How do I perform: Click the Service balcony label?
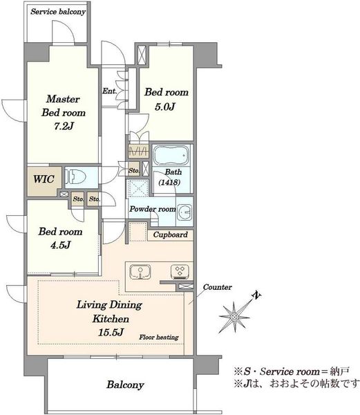click(x=58, y=12)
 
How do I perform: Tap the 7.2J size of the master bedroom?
click(x=64, y=127)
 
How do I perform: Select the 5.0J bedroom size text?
click(x=165, y=107)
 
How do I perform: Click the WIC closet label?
click(x=44, y=179)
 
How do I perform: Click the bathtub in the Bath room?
click(x=171, y=155)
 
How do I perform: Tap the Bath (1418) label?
click(x=170, y=177)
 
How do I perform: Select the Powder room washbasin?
click(x=184, y=212)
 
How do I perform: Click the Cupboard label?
click(x=170, y=234)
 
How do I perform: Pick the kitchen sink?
click(x=140, y=272)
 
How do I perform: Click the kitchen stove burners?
click(x=180, y=272)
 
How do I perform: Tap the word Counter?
click(x=217, y=287)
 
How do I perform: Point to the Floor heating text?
click(x=159, y=338)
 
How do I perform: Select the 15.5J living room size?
click(x=111, y=332)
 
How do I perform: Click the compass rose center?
click(x=234, y=317)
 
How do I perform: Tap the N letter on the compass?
click(x=256, y=295)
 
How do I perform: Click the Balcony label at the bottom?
click(x=125, y=385)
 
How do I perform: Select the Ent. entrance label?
click(x=109, y=91)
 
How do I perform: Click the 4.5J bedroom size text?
click(x=61, y=245)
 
